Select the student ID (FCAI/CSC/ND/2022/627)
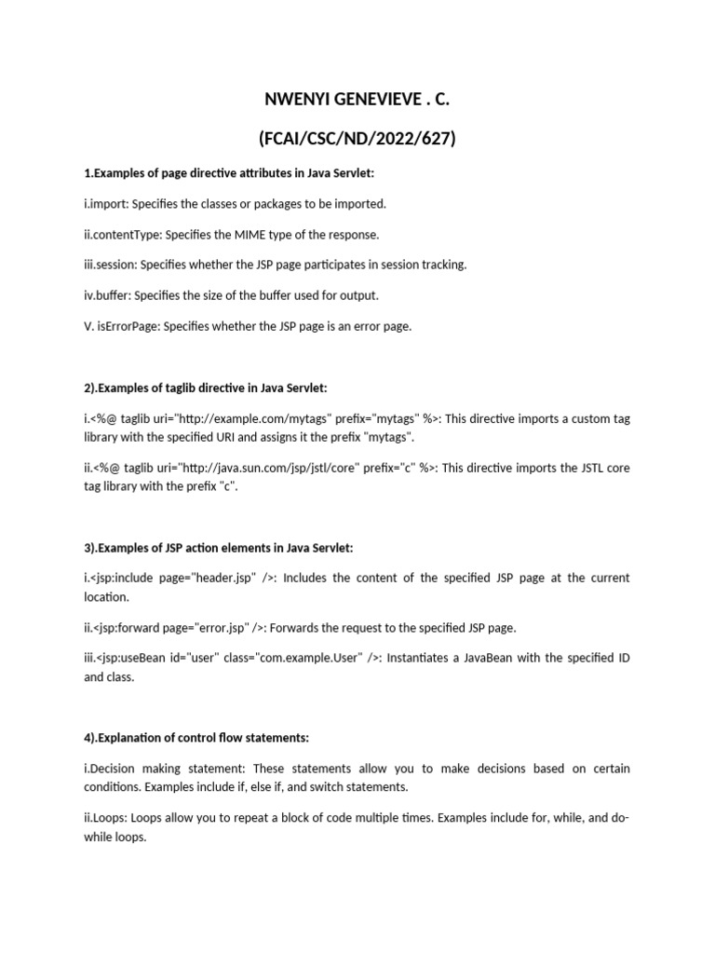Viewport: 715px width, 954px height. (357, 140)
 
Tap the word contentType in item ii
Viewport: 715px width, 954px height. (120, 234)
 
